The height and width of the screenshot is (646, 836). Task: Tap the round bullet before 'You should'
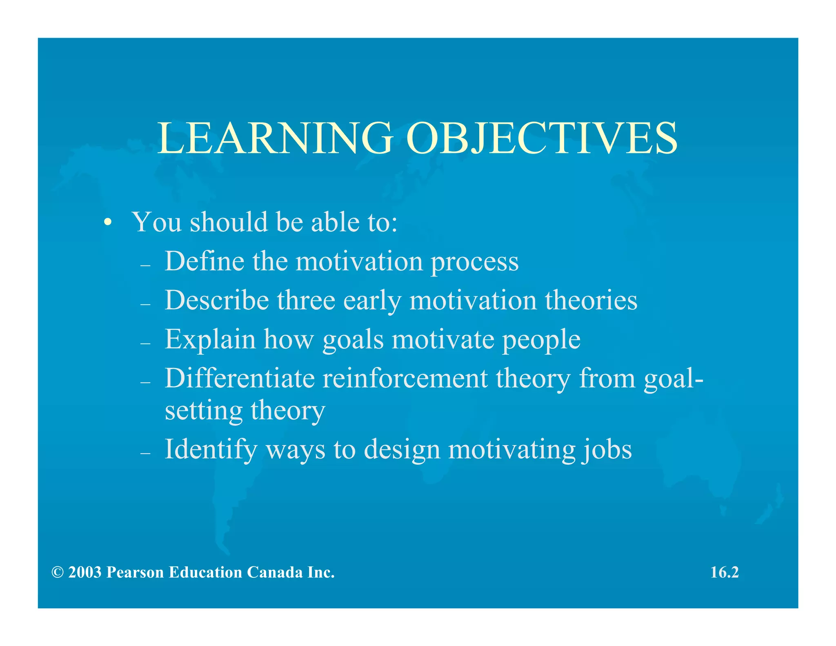point(107,223)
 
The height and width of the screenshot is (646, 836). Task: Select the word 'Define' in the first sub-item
point(205,261)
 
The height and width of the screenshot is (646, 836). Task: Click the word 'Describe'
point(217,300)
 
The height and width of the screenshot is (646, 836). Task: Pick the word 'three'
point(306,300)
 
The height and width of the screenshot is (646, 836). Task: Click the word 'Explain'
point(210,339)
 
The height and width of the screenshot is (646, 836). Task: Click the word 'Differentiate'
point(240,378)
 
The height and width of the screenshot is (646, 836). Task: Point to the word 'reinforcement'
point(405,378)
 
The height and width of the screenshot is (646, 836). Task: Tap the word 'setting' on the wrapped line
point(203,411)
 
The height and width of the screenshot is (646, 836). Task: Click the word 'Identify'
point(211,450)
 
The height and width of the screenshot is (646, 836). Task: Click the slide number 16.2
point(725,572)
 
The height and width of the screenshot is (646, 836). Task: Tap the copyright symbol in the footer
point(58,572)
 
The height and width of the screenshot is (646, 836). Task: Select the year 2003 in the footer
point(85,572)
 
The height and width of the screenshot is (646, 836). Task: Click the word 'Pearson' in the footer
point(135,572)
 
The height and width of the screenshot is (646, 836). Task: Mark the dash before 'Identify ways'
point(145,453)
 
